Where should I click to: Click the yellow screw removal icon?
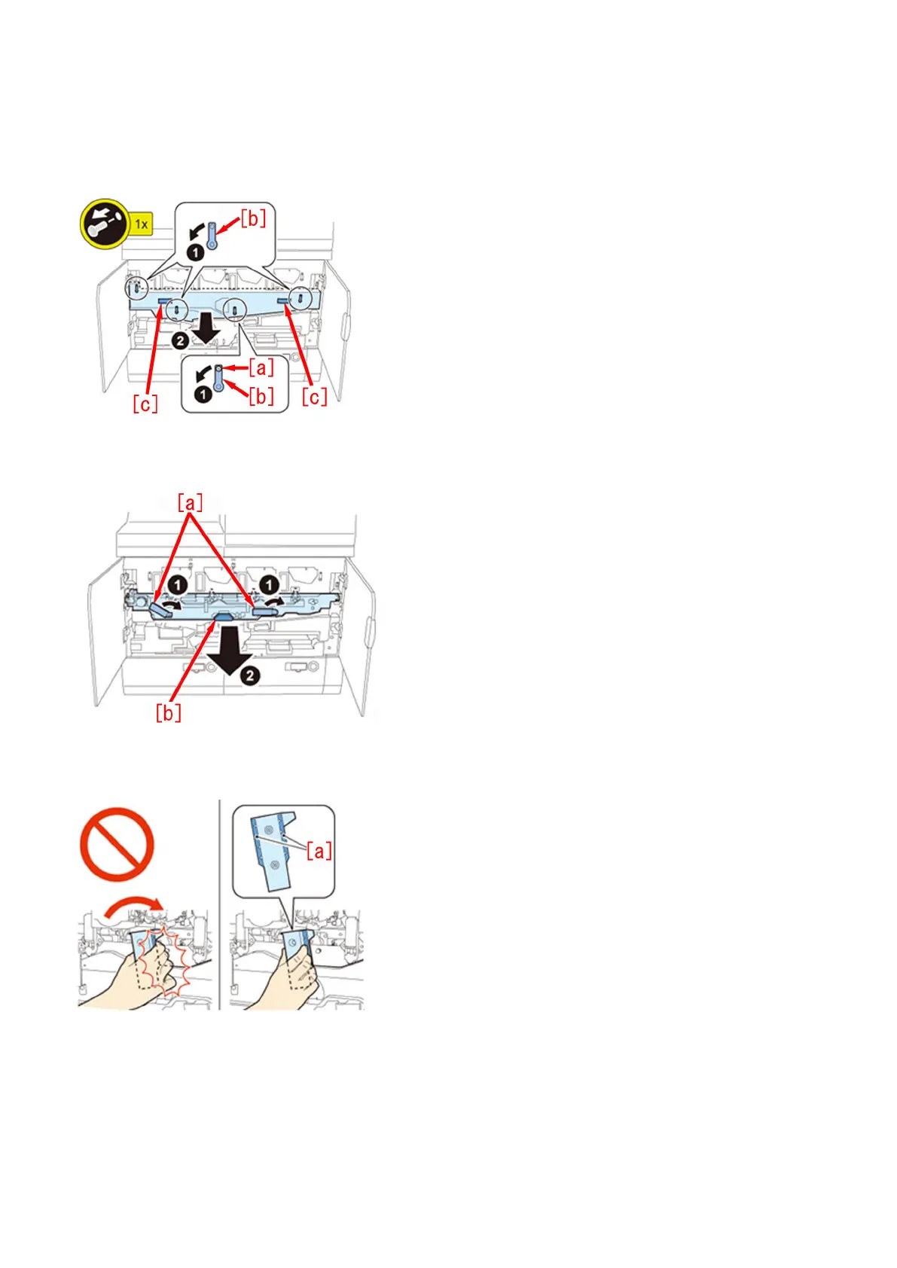(105, 223)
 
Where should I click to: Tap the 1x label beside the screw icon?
(141, 224)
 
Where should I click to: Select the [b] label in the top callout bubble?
(253, 218)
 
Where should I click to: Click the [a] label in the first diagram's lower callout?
(261, 367)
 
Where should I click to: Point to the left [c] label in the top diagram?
(145, 404)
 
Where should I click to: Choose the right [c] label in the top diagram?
(314, 397)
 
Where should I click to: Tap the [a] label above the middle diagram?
(190, 502)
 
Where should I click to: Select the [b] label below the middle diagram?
(168, 712)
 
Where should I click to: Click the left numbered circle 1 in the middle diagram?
(177, 584)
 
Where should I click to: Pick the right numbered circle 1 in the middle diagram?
(269, 584)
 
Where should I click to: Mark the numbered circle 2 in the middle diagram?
(250, 675)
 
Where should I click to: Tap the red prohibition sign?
(117, 844)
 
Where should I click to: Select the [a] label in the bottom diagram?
(319, 852)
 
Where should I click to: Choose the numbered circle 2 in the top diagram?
(180, 341)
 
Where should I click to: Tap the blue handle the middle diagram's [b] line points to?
(224, 617)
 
